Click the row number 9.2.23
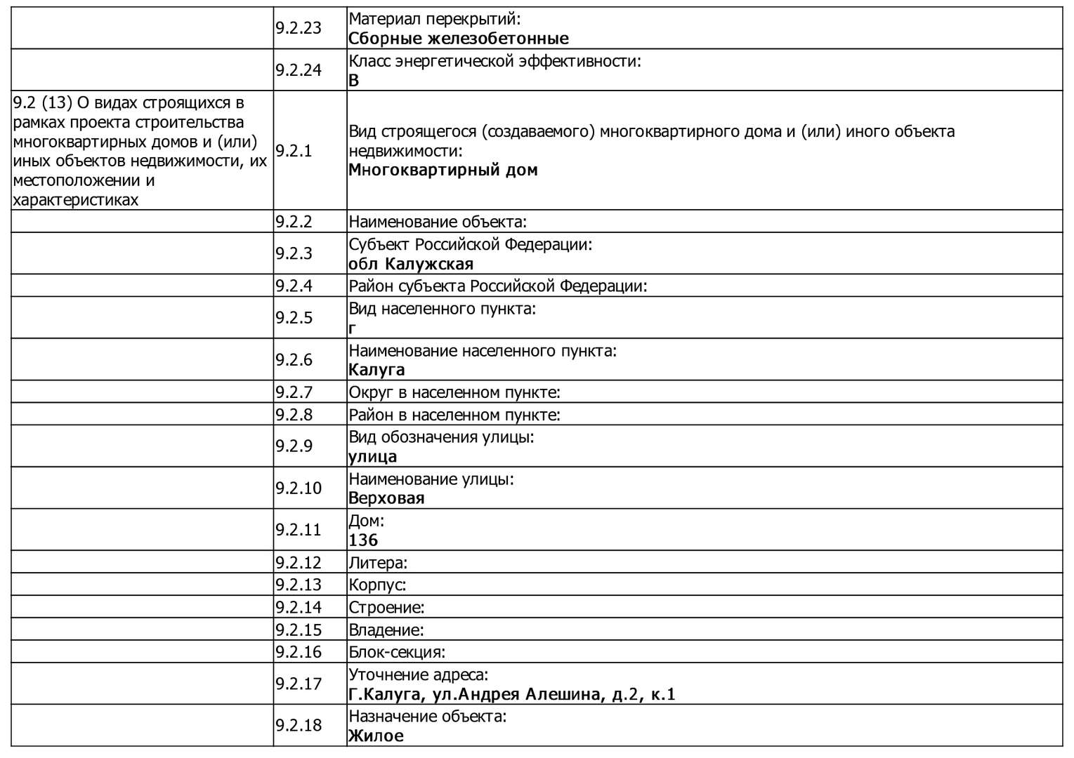298,28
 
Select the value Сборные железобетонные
458,39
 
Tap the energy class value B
353,80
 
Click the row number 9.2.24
298,69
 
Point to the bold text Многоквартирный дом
443,170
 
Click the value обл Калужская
411,264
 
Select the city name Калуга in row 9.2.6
376,370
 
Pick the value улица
372,456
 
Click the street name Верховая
386,498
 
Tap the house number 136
363,540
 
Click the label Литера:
378,563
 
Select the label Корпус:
377,585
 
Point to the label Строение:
386,607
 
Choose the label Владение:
386,630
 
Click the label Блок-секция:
397,652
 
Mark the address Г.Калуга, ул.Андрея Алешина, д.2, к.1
511,694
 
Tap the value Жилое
376,736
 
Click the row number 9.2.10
298,488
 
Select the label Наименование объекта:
438,222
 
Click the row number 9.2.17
298,684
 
